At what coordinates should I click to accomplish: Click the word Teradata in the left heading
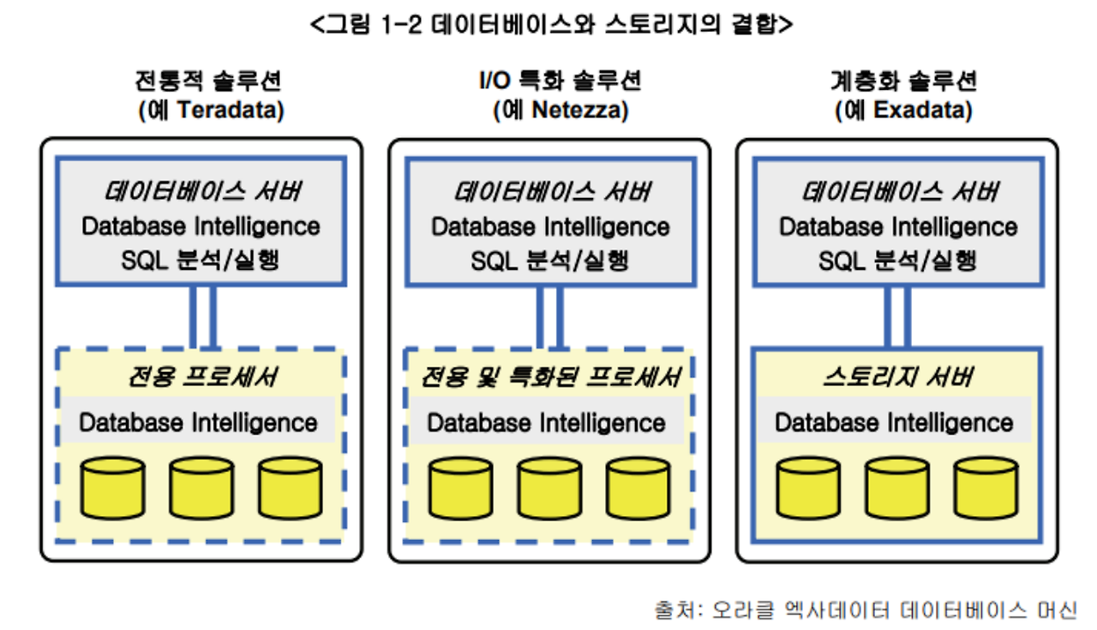coord(225,111)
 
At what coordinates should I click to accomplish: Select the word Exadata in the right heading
coord(923,111)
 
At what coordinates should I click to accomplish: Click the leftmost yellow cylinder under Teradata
coord(111,487)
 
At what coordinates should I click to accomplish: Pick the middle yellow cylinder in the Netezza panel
coord(549,487)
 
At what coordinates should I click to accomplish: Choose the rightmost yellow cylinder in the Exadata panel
coord(986,487)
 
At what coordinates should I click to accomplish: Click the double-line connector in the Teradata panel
coord(202,315)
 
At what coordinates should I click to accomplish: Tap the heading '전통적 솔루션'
coord(208,81)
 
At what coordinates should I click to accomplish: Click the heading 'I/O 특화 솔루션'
coord(560,81)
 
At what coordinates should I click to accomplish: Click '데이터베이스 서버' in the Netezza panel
coord(551,191)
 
